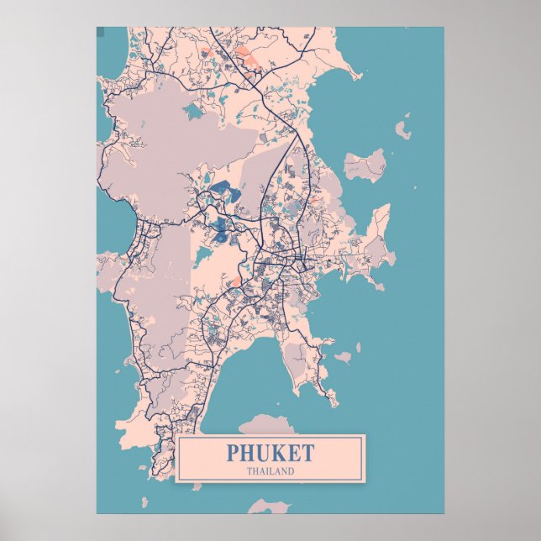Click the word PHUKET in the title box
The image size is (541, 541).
[x=270, y=454]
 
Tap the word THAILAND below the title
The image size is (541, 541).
[x=270, y=471]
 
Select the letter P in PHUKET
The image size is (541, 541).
[x=233, y=454]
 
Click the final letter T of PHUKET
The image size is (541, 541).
[x=307, y=454]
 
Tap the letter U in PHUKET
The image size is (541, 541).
[x=263, y=454]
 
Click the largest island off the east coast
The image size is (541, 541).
[x=365, y=165]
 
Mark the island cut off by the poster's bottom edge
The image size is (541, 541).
[x=269, y=506]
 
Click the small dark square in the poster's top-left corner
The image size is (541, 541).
[x=100, y=32]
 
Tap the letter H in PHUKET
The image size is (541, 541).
[x=247, y=454]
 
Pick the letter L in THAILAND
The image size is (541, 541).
[x=272, y=471]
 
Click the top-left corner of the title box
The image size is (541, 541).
[x=176, y=436]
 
